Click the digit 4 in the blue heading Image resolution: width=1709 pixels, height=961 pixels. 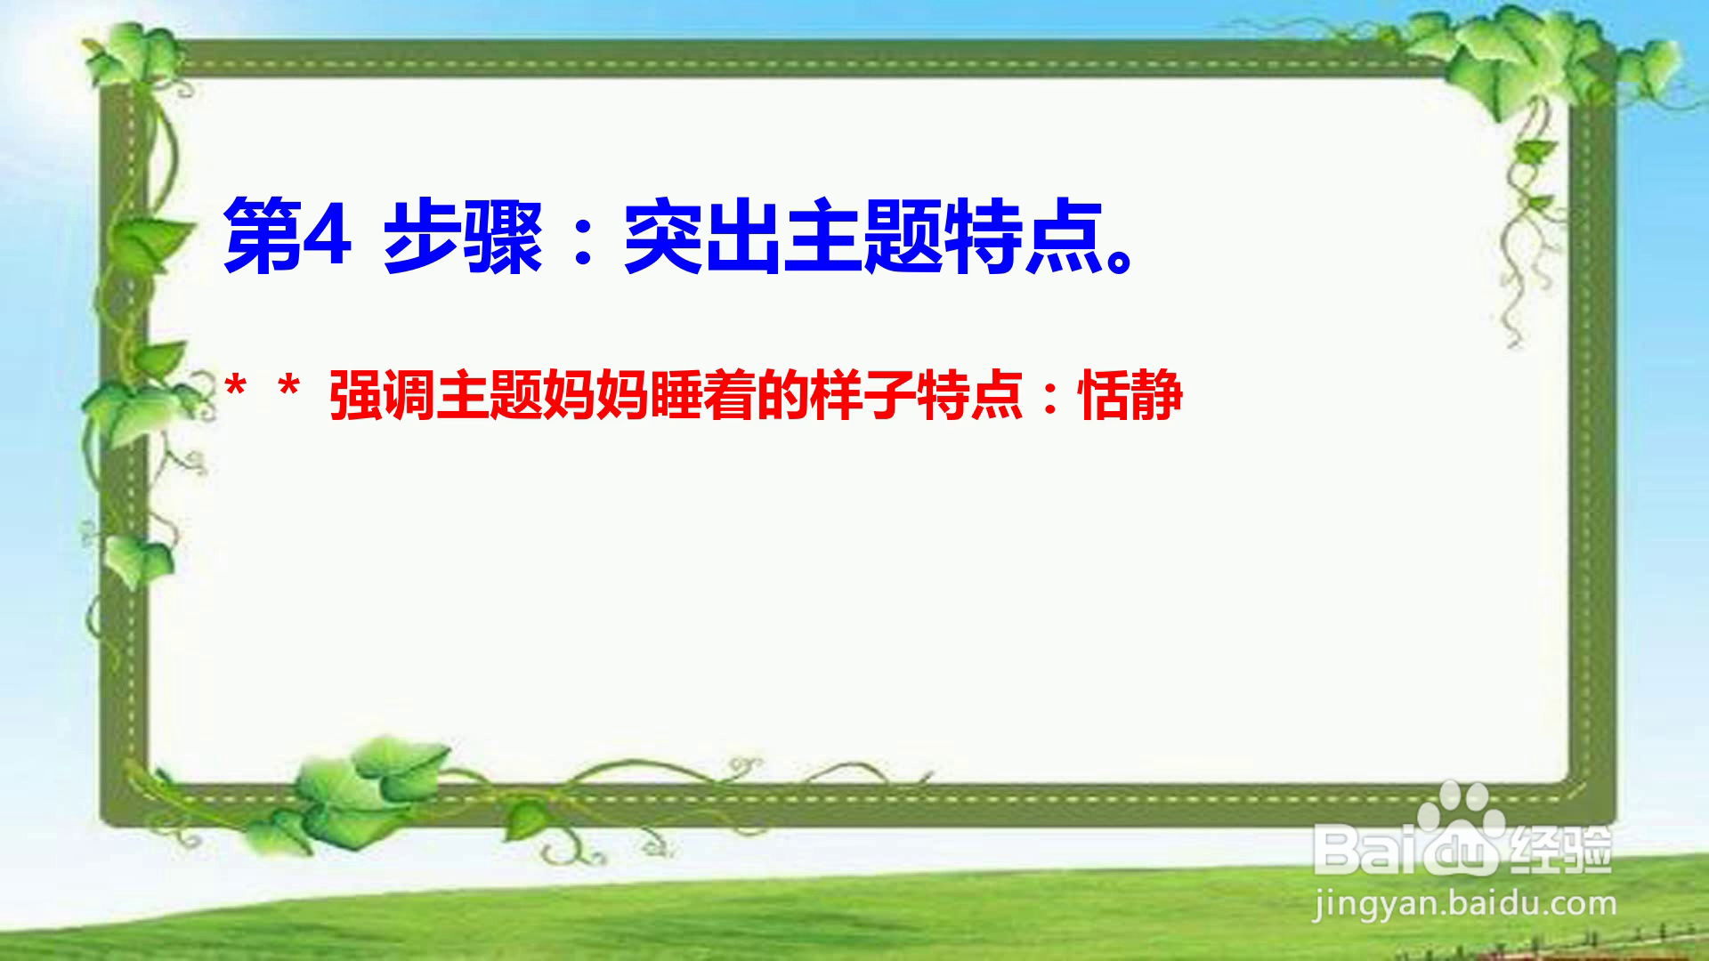[x=327, y=235]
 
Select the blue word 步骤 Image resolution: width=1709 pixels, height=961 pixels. [x=462, y=236]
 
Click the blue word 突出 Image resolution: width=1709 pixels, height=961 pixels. [x=702, y=236]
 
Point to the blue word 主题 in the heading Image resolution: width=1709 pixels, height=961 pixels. [x=863, y=236]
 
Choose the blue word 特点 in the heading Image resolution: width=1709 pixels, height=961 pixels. [x=1023, y=236]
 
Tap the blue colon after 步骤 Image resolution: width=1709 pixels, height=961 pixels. [x=584, y=240]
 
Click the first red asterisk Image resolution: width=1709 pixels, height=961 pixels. [x=236, y=388]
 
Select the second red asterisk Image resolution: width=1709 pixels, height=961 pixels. [x=288, y=388]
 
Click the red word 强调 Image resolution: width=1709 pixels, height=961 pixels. [x=382, y=395]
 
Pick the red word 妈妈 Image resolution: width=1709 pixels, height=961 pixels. [x=595, y=395]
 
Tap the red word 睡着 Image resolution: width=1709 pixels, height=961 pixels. [x=702, y=395]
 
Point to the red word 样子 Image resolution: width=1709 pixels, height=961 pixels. [x=863, y=395]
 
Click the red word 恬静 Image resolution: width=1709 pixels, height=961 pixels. [x=1131, y=395]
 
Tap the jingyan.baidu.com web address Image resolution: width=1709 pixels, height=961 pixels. [x=1464, y=904]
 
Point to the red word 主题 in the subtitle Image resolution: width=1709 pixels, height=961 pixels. [x=489, y=395]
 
